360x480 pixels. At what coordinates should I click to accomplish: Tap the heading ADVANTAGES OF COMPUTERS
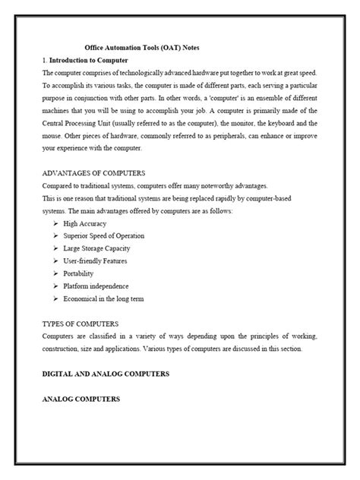[93, 173]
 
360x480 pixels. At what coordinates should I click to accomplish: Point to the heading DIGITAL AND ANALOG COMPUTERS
[106, 374]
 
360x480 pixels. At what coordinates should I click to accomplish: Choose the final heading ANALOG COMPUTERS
[81, 399]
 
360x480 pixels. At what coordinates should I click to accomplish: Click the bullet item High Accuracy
[85, 223]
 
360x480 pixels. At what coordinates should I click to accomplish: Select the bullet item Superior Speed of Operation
[103, 236]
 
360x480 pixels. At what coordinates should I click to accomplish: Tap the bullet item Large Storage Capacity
[97, 248]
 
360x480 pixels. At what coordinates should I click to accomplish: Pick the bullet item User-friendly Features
[96, 261]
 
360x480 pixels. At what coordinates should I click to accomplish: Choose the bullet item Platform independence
[96, 286]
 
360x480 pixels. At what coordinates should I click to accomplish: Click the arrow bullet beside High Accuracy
[57, 223]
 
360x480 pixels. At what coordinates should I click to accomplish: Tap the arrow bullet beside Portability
[57, 273]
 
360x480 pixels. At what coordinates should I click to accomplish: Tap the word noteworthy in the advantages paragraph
[221, 185]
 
